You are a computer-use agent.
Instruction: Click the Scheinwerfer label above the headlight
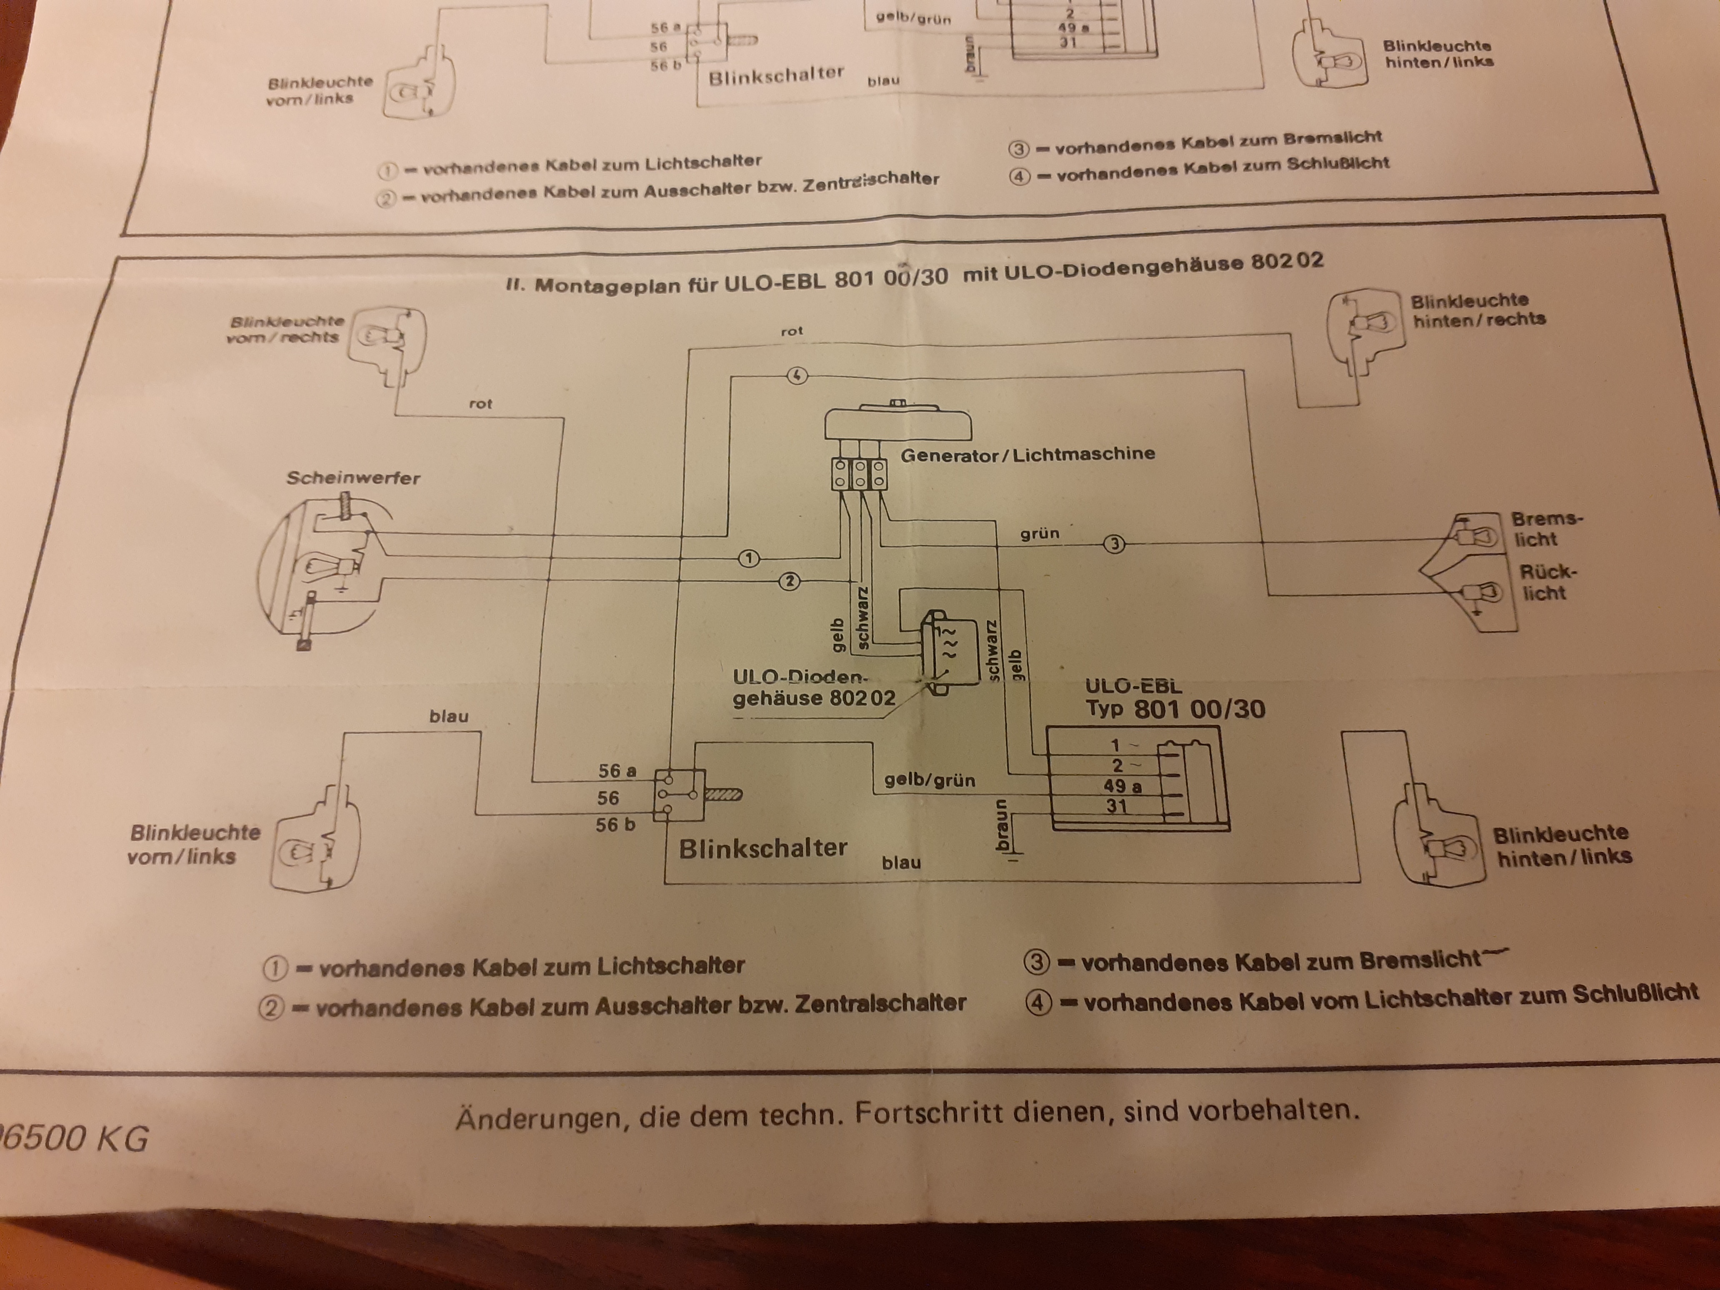353,477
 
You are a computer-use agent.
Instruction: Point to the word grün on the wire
1040,534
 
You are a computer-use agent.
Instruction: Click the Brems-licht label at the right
1546,529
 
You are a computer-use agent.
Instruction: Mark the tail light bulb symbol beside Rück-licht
1476,592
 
